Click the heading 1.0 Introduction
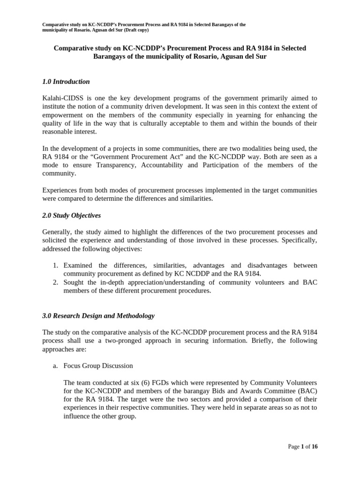[66, 82]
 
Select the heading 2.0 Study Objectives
[71, 216]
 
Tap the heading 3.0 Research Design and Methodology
[98, 316]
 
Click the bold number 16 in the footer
[314, 447]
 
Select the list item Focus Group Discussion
[98, 366]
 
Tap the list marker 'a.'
[55, 366]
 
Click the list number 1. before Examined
[55, 265]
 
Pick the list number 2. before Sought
[55, 282]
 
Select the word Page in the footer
[293, 447]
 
